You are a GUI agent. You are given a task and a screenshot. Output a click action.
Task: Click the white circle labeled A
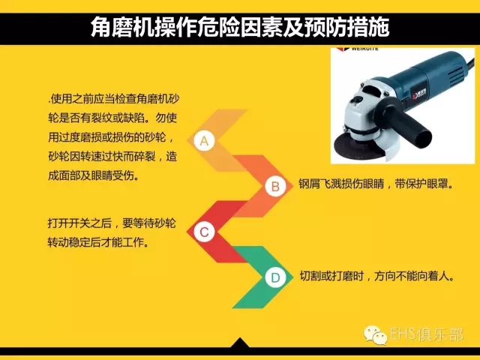point(204,141)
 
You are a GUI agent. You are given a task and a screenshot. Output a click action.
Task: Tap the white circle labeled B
point(275,186)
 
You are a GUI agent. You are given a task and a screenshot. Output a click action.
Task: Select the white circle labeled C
point(204,232)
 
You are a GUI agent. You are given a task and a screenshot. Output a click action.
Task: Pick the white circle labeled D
point(275,277)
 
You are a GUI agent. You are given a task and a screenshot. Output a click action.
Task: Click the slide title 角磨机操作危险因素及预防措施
point(240,28)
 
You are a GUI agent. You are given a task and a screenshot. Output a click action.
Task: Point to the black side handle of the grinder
point(410,121)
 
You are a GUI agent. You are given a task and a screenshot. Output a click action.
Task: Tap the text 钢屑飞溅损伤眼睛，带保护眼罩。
point(376,184)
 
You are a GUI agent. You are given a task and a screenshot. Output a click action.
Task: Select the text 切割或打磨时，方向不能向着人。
point(376,277)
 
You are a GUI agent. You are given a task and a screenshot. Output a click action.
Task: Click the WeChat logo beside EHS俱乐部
point(375,334)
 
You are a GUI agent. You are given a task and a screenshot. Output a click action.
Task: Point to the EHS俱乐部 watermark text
point(427,334)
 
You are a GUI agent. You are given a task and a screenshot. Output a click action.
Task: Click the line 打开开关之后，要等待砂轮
point(112,223)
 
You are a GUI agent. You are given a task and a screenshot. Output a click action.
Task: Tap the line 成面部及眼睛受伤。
point(94,175)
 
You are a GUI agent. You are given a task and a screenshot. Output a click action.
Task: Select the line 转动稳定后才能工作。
point(98,242)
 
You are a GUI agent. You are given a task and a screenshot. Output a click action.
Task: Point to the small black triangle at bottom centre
point(240,343)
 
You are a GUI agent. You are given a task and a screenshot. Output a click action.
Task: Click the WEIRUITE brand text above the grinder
point(364,49)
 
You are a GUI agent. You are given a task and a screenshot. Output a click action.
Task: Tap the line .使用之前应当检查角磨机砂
point(113,99)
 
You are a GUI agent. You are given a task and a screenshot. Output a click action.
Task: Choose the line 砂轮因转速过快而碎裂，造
point(112,157)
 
